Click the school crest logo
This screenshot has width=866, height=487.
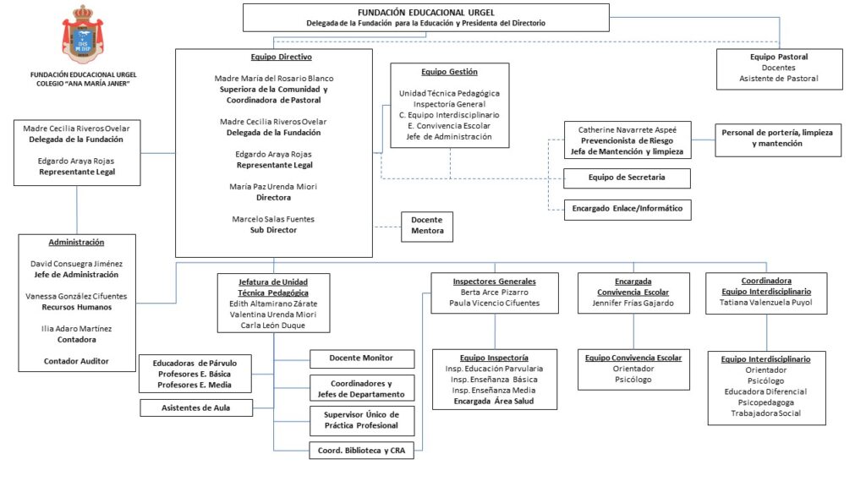point(83,35)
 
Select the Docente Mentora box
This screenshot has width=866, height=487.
point(427,227)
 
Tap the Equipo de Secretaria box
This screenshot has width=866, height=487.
point(627,178)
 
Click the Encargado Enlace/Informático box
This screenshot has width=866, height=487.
point(628,210)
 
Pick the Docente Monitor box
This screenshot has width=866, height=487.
point(362,358)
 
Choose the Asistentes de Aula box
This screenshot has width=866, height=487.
point(196,408)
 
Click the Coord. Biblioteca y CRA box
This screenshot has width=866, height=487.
point(362,451)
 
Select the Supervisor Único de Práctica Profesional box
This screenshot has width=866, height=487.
point(362,420)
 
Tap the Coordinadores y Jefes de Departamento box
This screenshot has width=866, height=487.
point(362,389)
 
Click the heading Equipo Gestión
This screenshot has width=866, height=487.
point(450,72)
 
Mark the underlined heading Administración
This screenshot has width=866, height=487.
point(76,243)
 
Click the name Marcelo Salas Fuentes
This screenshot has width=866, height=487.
point(273,219)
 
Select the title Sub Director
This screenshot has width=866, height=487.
point(273,230)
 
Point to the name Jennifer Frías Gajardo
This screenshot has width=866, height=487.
point(633,304)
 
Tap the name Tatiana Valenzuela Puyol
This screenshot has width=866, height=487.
point(766,303)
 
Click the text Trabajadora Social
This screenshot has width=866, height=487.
point(766,413)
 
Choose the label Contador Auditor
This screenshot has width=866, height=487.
point(76,361)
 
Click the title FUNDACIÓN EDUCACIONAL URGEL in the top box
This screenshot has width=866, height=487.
point(426,12)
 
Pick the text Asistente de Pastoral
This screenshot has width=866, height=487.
point(779,79)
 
